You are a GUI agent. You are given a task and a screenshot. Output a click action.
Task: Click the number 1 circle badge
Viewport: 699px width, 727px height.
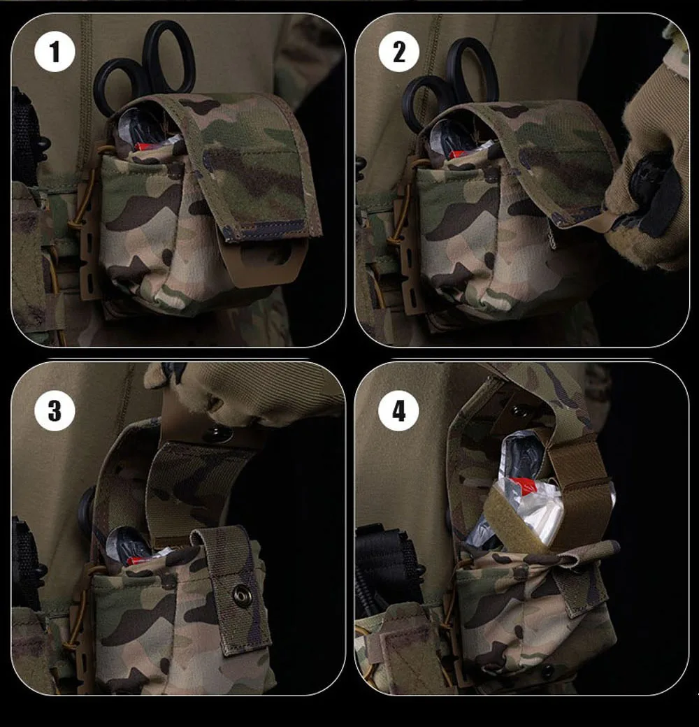55,52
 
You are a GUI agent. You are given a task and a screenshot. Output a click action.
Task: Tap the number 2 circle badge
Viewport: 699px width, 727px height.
398,52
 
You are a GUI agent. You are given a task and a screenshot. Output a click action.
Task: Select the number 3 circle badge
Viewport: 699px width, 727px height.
55,411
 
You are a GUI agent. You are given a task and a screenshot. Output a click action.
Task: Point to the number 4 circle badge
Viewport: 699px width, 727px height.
398,411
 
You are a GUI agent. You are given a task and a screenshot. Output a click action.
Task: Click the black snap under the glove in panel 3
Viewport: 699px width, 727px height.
217,433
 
